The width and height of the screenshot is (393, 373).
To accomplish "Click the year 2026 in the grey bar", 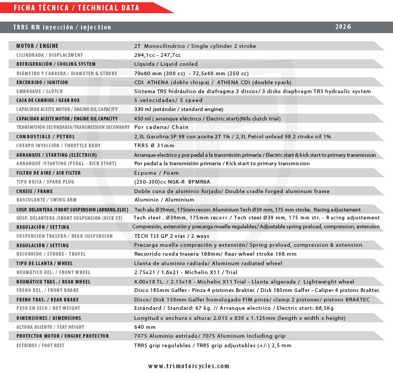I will [x=343, y=27].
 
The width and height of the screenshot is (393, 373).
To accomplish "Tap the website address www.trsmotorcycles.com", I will [x=189, y=366].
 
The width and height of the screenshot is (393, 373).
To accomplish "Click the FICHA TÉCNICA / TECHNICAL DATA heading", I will [x=76, y=8].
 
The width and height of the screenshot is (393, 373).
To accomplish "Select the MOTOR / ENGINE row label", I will [x=37, y=46].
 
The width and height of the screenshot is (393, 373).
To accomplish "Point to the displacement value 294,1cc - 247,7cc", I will [x=157, y=55].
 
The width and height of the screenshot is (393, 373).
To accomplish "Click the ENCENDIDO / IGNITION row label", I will [x=42, y=82].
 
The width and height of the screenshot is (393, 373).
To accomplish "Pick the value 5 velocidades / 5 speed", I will [x=168, y=100].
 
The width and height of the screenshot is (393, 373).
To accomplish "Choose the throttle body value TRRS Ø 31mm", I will [x=154, y=145].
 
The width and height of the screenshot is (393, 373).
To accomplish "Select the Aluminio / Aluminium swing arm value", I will [x=164, y=200].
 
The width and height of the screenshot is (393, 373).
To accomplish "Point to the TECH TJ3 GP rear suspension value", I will [x=172, y=236].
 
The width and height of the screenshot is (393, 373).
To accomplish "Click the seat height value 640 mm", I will [x=145, y=327].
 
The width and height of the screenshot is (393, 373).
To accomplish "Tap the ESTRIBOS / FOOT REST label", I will [x=41, y=345].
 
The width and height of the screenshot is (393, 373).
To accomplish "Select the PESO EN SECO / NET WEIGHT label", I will [x=48, y=309].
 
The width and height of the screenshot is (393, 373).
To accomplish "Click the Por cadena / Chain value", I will [x=161, y=127].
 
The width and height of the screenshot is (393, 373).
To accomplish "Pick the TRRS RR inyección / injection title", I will [x=62, y=27].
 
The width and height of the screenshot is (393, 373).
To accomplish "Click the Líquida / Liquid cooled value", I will [x=166, y=64].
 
